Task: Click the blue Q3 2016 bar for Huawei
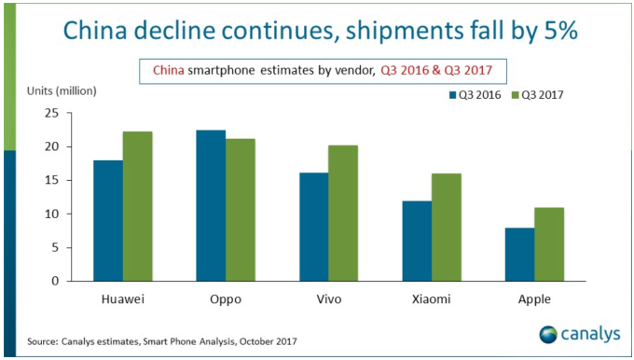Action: pyautogui.click(x=108, y=220)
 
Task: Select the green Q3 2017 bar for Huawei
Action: pyautogui.click(x=137, y=206)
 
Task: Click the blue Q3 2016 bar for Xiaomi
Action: pyautogui.click(x=415, y=241)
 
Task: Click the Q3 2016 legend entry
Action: pyautogui.click(x=475, y=93)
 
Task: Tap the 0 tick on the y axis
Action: pyautogui.click(x=56, y=281)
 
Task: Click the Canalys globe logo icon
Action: pyautogui.click(x=548, y=333)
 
